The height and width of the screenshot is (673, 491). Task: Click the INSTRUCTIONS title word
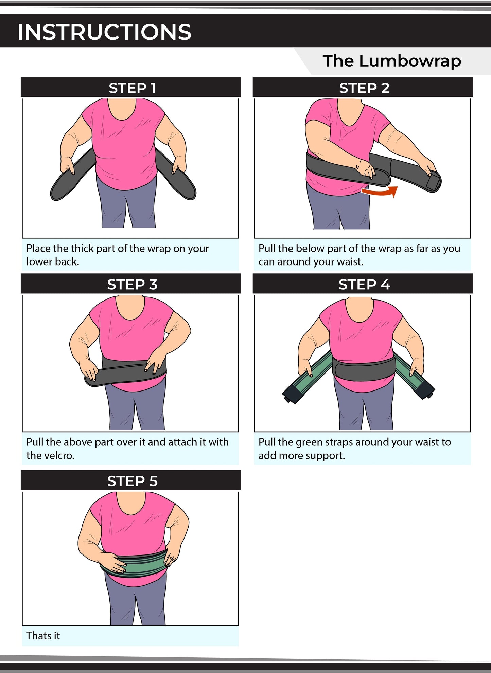104,32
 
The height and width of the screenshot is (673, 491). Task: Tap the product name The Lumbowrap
391,61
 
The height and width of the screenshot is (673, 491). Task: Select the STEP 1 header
132,88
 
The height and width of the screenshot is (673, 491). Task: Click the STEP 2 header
364,88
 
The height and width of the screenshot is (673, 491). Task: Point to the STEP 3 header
132,285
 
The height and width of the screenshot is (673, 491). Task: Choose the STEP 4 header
364,285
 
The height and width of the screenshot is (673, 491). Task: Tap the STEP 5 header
132,481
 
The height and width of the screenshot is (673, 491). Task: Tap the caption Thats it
43,636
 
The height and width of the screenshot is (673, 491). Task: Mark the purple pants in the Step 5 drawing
136,604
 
